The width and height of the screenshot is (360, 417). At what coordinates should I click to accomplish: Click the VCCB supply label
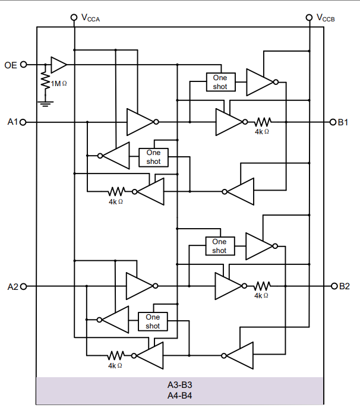(x=326, y=18)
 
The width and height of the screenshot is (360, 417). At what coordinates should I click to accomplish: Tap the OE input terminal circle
(x=24, y=64)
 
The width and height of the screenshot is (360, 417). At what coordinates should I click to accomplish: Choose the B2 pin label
(x=344, y=286)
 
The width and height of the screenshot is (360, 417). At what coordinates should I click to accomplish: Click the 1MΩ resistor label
(x=59, y=84)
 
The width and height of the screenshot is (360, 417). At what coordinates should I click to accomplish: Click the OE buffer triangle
(x=58, y=64)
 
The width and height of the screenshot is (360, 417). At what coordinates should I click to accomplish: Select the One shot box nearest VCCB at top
(x=220, y=82)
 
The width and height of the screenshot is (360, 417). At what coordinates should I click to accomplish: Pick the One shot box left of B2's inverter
(x=219, y=246)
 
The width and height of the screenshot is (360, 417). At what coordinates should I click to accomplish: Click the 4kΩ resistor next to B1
(x=262, y=122)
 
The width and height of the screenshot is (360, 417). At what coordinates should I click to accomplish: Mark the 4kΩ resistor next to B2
(x=262, y=286)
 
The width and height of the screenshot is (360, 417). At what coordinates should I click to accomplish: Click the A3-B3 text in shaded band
(x=179, y=385)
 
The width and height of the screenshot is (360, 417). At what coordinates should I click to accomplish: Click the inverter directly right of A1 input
(x=140, y=122)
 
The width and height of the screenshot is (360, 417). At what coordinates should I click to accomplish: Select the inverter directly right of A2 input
(x=140, y=286)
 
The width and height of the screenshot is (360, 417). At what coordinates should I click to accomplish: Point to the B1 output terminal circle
(x=333, y=122)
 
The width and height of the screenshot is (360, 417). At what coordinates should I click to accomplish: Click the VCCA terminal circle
(x=74, y=17)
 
